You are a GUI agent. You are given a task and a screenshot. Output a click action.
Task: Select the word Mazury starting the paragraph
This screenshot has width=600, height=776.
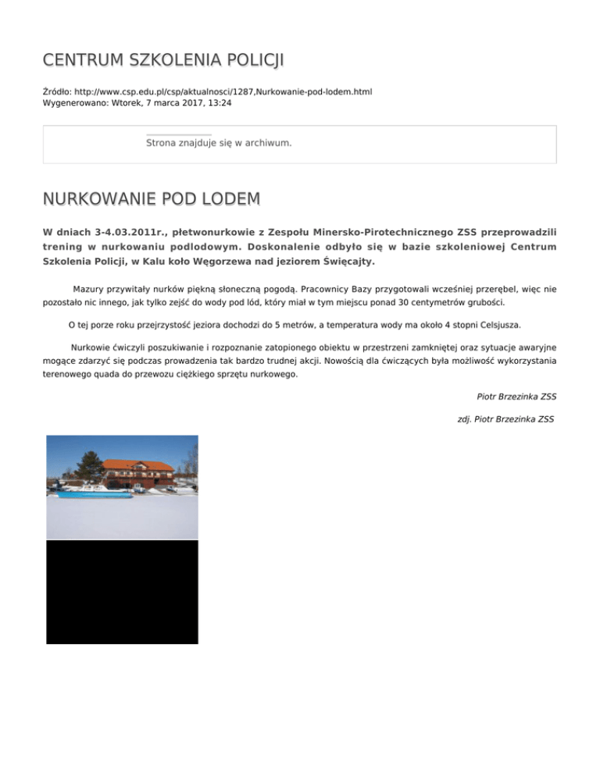tap(89, 289)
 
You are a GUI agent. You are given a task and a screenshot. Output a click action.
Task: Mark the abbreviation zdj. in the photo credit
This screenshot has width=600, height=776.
tap(466, 419)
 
